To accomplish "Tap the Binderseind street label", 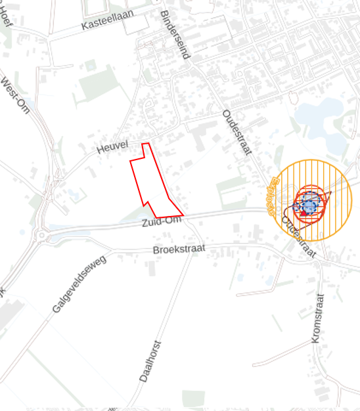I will [175, 35].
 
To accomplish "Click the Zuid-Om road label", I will [160, 223].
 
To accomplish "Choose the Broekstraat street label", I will [179, 249].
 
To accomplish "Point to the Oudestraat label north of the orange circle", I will [237, 131].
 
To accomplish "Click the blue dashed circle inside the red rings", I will [309, 206].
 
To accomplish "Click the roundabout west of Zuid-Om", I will [42, 235].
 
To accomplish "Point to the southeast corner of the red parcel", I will [183, 215].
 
